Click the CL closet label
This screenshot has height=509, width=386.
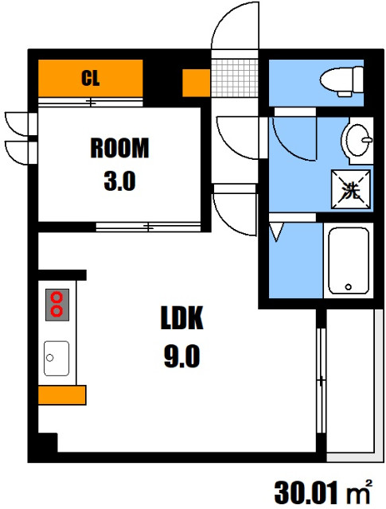coord(90,78)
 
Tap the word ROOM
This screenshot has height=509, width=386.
coord(119,148)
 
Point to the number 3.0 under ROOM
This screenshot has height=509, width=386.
coord(119,181)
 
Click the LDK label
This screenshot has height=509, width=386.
coord(182,318)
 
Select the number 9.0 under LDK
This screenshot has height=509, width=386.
coord(182,356)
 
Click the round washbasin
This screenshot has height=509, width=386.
coord(357,140)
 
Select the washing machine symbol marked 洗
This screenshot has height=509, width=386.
coord(351,189)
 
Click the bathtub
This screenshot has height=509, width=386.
coord(349,261)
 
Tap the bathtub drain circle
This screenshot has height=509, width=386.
coord(349,286)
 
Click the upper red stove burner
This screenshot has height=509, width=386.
coord(57,297)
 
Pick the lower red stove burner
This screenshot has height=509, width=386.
coord(57,311)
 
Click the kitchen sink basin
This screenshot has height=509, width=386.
coord(57,359)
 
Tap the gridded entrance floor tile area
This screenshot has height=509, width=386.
coord(235,78)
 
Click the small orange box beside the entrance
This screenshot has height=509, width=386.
coord(196,83)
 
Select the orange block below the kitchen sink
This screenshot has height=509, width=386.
coord(62,394)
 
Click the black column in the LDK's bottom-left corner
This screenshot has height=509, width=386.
coord(48,442)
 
